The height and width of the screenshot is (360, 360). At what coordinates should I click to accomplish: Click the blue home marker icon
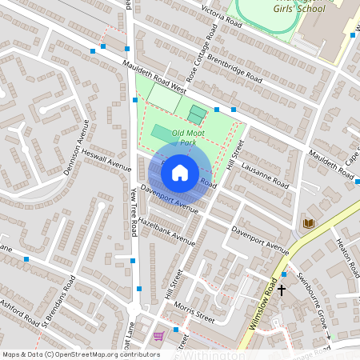coord(180,172)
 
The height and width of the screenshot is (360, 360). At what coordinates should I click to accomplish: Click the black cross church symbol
coord(282,291)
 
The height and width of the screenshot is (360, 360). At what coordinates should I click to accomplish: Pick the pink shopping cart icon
coord(158,336)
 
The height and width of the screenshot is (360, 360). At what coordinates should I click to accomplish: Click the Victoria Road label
coord(222,14)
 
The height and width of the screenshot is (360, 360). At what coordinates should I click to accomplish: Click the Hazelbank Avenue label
coord(166,230)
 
